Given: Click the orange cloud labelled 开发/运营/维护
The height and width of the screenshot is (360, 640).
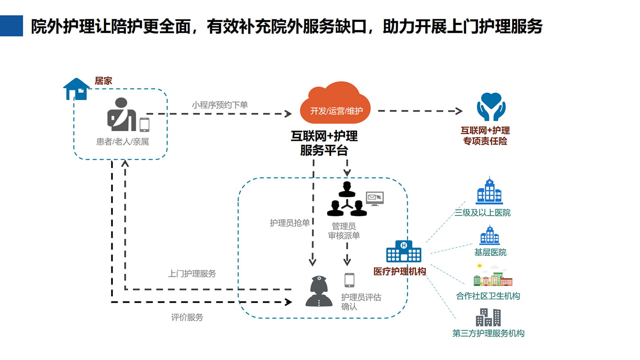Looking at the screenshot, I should (336, 104).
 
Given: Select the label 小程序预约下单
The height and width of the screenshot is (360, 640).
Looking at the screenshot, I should (220, 105).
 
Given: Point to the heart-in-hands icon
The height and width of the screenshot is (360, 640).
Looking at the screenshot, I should (491, 107).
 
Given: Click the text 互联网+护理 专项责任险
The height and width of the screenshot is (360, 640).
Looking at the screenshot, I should (485, 136).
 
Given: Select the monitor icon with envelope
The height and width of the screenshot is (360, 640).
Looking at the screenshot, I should (374, 198).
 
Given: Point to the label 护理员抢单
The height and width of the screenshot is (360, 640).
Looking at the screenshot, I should (290, 223).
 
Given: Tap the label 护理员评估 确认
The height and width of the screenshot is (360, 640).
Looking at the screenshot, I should (361, 302).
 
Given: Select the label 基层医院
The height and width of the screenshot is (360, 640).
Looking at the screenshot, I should (490, 252).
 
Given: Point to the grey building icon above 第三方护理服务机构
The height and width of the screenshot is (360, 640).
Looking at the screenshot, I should (488, 317).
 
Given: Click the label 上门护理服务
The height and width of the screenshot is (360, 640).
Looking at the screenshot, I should (192, 274).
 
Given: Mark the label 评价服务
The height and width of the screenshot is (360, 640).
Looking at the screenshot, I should (187, 317).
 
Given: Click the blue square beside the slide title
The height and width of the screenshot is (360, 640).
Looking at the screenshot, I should (11, 26).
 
